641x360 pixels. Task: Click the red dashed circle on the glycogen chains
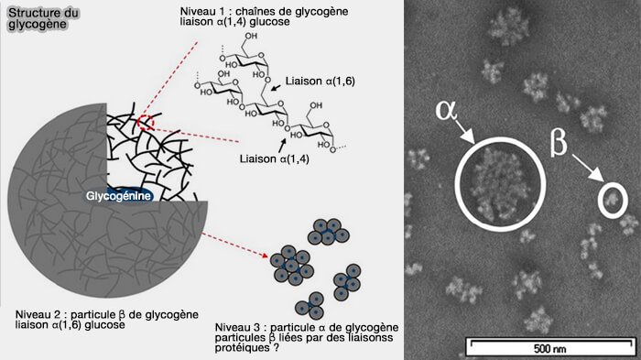[147, 124]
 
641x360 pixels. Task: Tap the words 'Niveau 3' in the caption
[236, 327]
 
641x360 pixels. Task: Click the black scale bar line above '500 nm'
[548, 340]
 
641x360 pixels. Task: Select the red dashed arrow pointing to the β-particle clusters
[229, 244]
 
